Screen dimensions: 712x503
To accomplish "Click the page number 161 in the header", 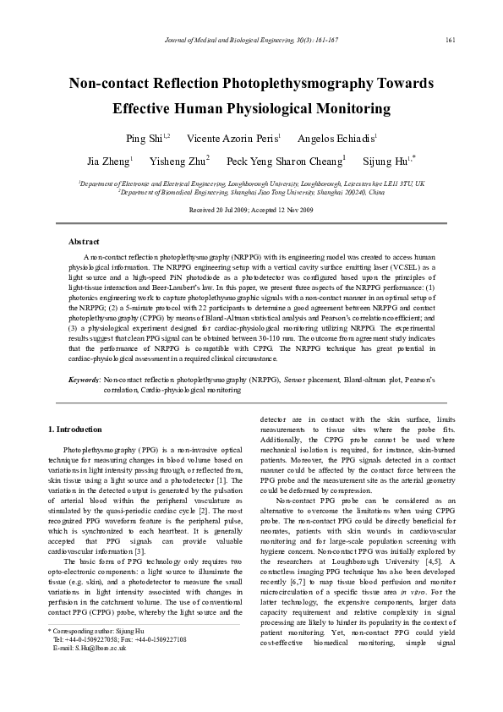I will point(450,40).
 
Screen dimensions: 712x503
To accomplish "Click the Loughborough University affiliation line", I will point(251,183).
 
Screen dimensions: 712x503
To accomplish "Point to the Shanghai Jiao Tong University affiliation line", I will point(251,192).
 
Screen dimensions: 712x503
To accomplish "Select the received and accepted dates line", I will point(251,209).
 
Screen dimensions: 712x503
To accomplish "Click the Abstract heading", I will point(84,242).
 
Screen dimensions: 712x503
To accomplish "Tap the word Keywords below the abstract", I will point(85,381).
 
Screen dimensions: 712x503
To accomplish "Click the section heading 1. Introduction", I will point(75,430).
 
